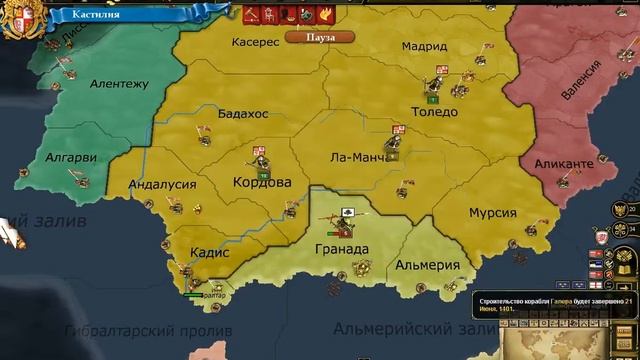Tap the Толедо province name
click(x=434, y=112)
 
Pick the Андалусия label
click(x=166, y=184)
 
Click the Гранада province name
click(x=341, y=249)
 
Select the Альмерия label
click(x=427, y=266)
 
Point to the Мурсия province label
click(x=494, y=214)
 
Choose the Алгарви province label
click(x=73, y=157)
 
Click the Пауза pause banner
click(x=308, y=36)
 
